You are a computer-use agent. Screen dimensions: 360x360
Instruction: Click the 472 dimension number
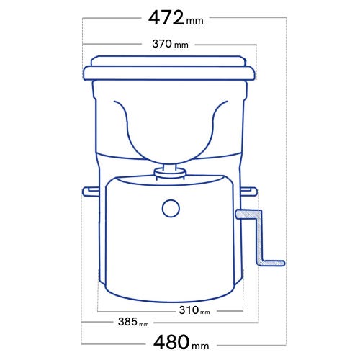point(166,18)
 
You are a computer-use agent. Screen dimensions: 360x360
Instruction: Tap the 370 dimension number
point(162,44)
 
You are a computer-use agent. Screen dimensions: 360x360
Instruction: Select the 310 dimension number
point(189,310)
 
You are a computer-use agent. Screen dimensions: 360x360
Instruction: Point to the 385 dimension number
point(127,322)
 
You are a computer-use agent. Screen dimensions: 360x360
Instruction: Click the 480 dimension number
point(171,342)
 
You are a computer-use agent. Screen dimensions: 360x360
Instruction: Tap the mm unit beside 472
point(194,21)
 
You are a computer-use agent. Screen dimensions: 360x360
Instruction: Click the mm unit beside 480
point(200,346)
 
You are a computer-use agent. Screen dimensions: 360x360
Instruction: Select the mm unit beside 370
point(181,45)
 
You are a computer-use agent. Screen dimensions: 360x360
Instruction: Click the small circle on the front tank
point(171,209)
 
